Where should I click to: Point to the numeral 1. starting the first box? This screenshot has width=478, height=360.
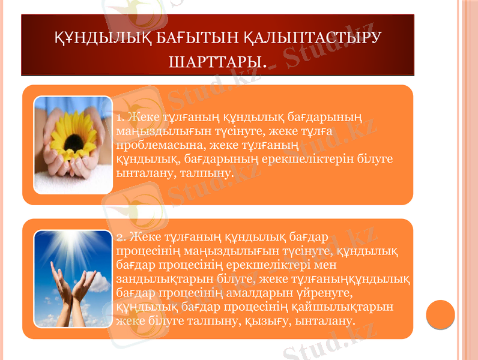click(120, 115)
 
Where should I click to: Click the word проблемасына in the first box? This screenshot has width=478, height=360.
click(147, 145)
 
